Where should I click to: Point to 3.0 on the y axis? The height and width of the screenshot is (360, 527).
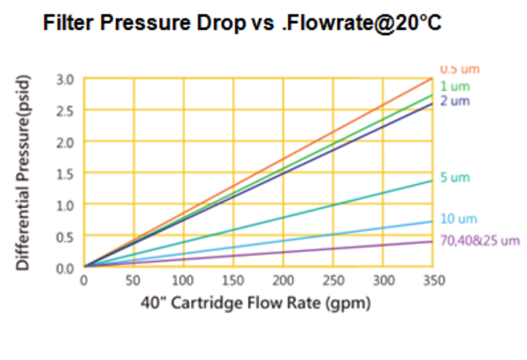pos(65,80)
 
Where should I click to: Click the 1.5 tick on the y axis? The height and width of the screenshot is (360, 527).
pos(65,173)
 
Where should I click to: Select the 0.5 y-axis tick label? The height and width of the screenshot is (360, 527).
pos(65,236)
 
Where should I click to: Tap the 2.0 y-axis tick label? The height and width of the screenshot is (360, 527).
pos(65,142)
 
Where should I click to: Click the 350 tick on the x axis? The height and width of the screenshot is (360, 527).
pos(432,281)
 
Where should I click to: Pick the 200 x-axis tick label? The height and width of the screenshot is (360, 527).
pos(283,281)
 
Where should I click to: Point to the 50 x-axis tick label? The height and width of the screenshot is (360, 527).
pos(134,281)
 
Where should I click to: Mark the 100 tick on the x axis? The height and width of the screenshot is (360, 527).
pos(183,281)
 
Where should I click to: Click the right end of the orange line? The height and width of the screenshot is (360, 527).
pos(432,80)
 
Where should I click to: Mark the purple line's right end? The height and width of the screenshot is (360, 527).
pos(432,241)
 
